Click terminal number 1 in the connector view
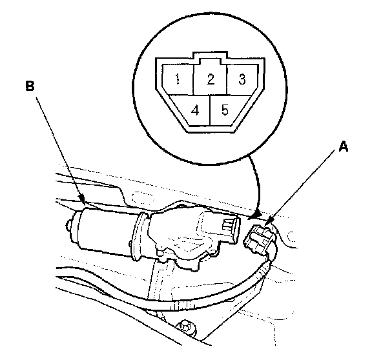tap(178, 79)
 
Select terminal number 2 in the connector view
tap(210, 79)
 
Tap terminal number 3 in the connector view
tap(242, 79)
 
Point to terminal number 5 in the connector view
tap(225, 110)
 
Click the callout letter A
tap(344, 146)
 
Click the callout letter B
tap(30, 86)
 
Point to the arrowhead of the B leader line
tap(82, 199)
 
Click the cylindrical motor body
tap(105, 230)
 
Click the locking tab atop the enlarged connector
tap(210, 57)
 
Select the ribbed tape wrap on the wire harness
tap(182, 306)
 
